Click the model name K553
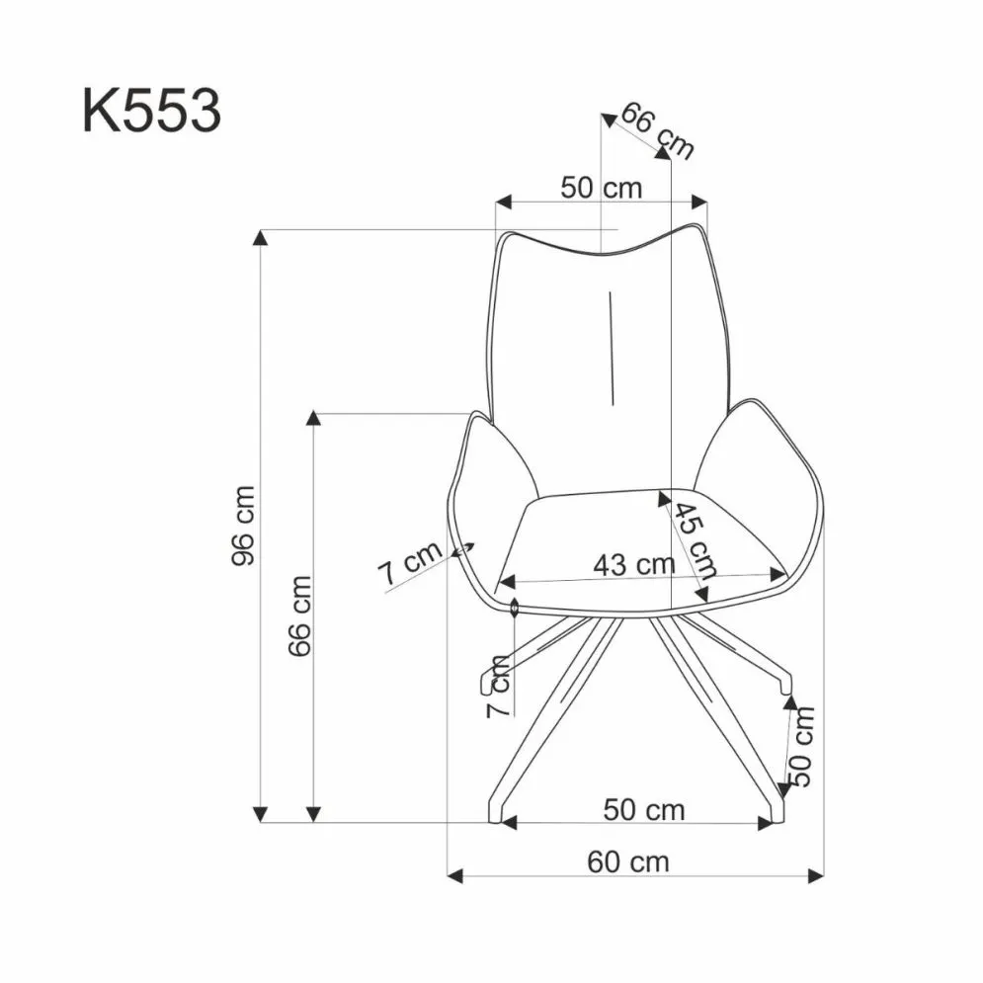[151, 111]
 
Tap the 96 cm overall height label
[243, 525]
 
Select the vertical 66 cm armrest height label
[299, 615]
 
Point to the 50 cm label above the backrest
[601, 187]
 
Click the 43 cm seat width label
[633, 565]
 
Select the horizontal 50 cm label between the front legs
[643, 810]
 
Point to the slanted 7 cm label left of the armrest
[408, 565]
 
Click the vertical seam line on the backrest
[613, 348]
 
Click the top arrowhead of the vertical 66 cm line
[313, 419]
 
